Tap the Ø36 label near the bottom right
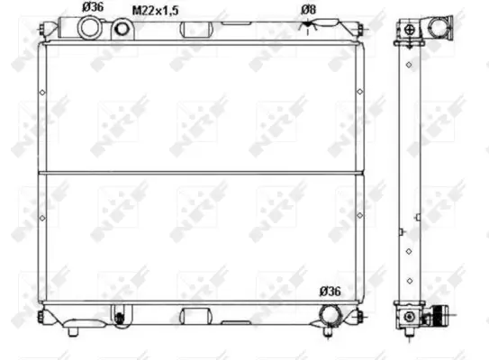(331, 291)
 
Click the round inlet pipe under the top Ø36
(91, 28)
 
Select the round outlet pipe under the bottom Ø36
(331, 315)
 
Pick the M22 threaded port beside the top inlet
(121, 29)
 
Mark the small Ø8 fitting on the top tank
(309, 27)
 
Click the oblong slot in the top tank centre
(196, 29)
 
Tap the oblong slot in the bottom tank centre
(196, 315)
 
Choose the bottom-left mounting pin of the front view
(40, 316)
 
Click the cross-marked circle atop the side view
(411, 28)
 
